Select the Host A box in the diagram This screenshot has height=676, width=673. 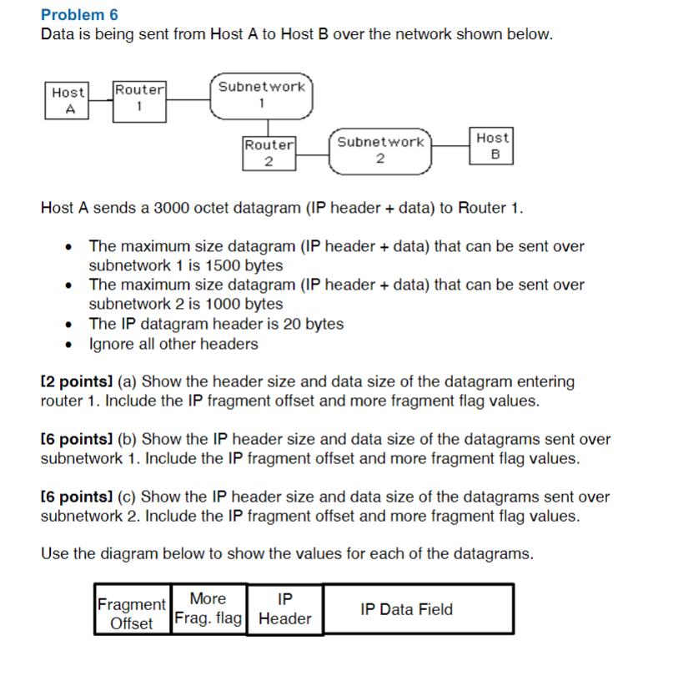pos(68,100)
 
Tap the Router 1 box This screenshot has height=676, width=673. pos(139,98)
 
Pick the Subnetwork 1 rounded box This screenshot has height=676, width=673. pos(261,95)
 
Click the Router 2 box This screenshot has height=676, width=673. pos(269,153)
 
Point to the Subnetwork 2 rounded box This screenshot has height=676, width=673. pos(380,151)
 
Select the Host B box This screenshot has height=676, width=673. pos(492,145)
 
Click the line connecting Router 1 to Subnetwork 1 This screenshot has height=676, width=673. pos(188,99)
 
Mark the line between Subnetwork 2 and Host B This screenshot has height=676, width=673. pos(451,146)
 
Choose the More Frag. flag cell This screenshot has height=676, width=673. pos(208,608)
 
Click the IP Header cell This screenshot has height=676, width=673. pos(284,609)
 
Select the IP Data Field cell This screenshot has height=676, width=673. pos(418,609)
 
